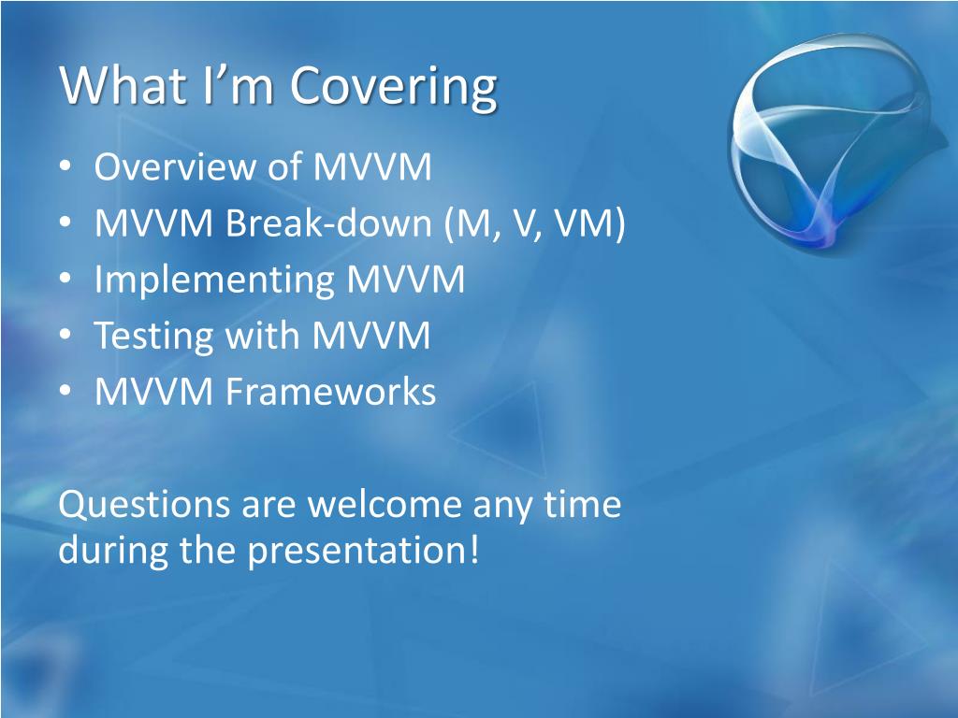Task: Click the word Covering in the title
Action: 393,87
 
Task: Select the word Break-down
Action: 328,223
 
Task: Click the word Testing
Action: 153,337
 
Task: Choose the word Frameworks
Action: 330,391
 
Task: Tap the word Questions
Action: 145,506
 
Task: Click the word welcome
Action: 385,504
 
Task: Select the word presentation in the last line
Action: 363,551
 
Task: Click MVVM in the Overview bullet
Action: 372,166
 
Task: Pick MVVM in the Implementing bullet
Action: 406,279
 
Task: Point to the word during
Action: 112,551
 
